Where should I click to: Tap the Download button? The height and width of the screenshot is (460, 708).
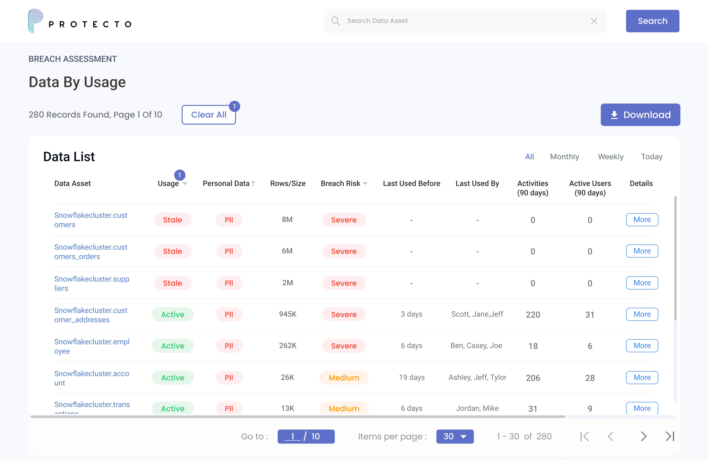640,115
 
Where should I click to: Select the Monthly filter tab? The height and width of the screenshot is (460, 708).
564,157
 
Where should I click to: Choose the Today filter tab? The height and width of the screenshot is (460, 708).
651,157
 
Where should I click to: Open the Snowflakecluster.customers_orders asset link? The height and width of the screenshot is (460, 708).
91,252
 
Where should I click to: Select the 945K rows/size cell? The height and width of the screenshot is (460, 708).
288,314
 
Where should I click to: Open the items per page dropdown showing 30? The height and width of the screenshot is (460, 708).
455,436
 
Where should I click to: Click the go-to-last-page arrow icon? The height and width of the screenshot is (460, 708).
670,436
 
